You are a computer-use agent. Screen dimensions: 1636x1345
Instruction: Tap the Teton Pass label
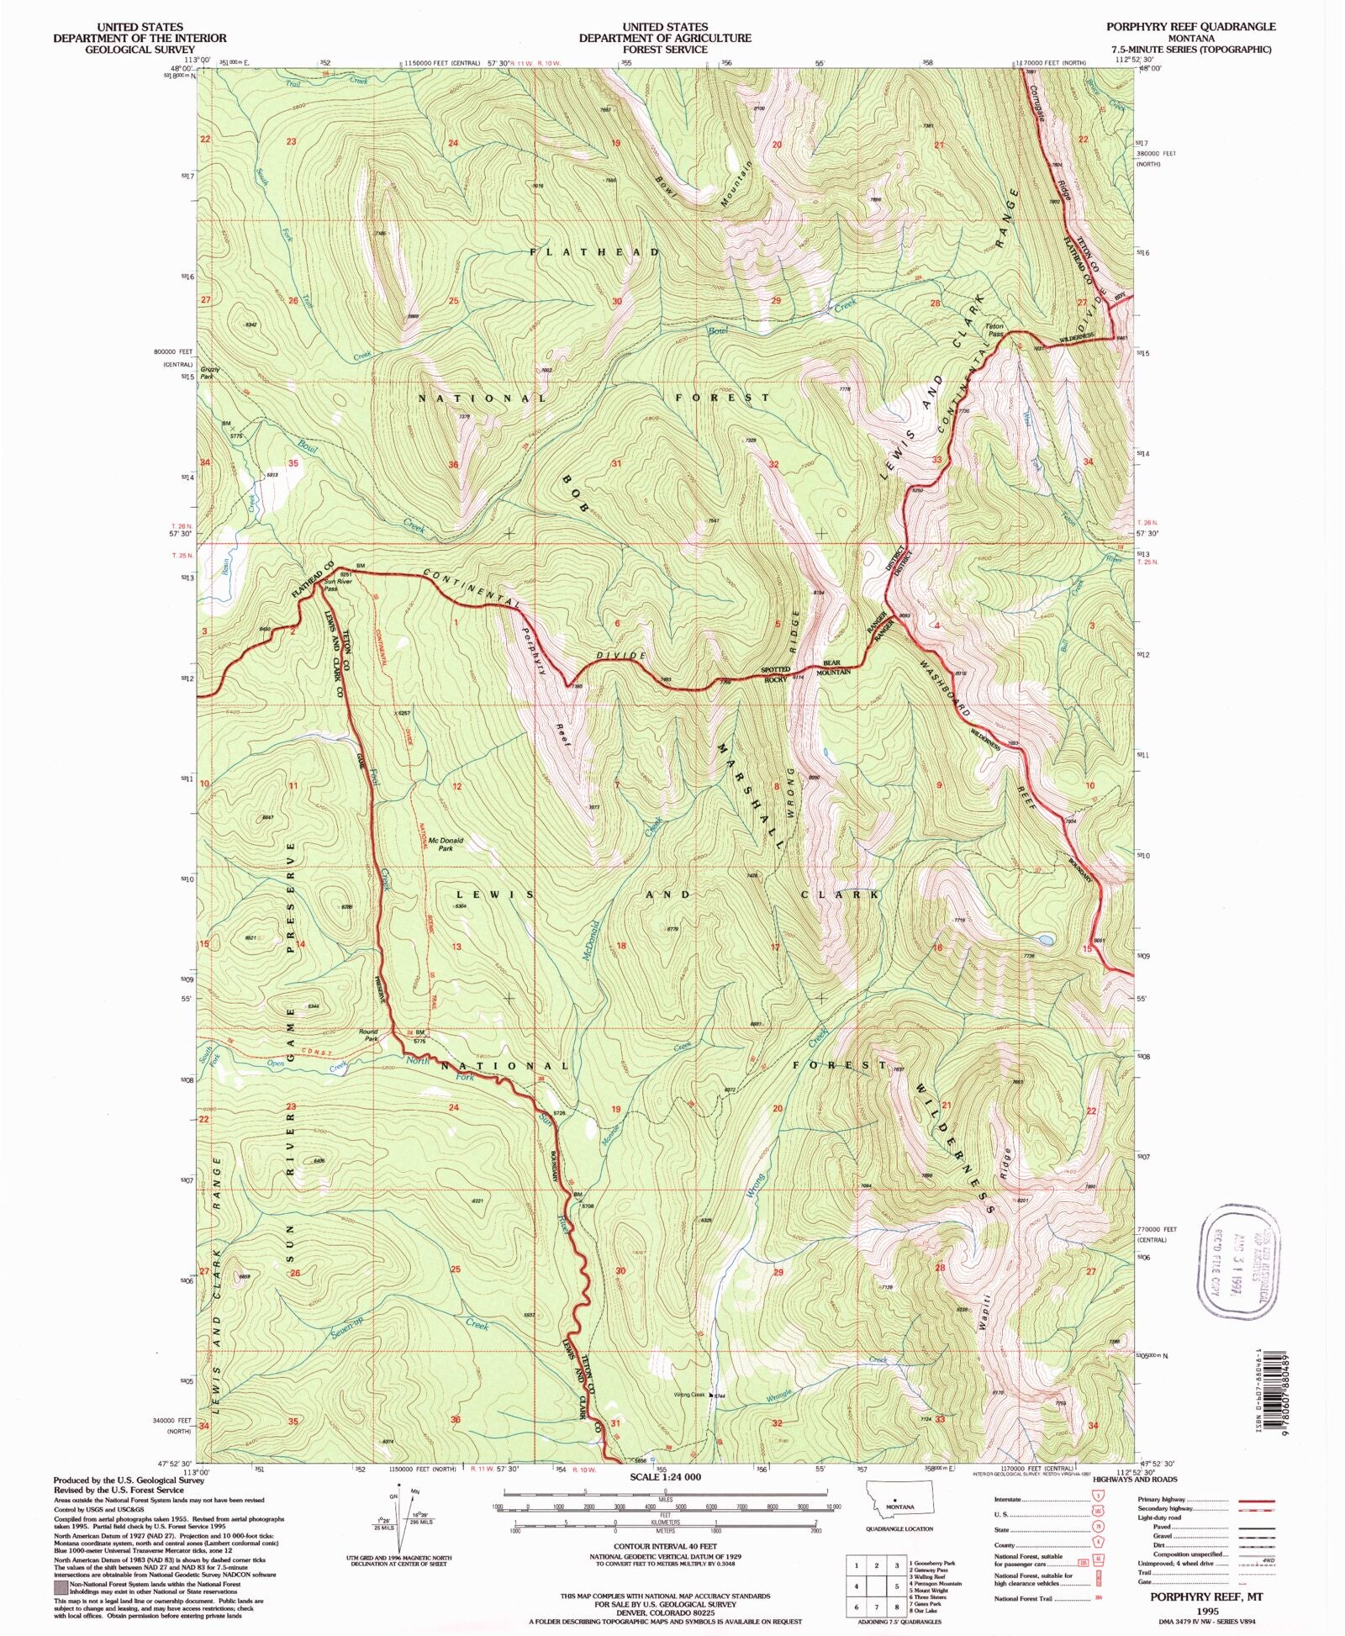pyautogui.click(x=994, y=329)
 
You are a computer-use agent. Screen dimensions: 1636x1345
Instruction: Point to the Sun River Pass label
pyautogui.click(x=331, y=584)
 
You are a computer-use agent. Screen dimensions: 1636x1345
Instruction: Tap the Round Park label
pyautogui.click(x=368, y=1035)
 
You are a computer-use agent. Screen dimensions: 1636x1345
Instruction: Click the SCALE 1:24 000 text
pyautogui.click(x=664, y=1476)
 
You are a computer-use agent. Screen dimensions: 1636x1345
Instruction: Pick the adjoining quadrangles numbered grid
pyautogui.click(x=877, y=1587)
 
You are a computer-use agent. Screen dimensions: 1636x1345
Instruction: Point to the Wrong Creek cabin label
pyautogui.click(x=688, y=1395)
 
